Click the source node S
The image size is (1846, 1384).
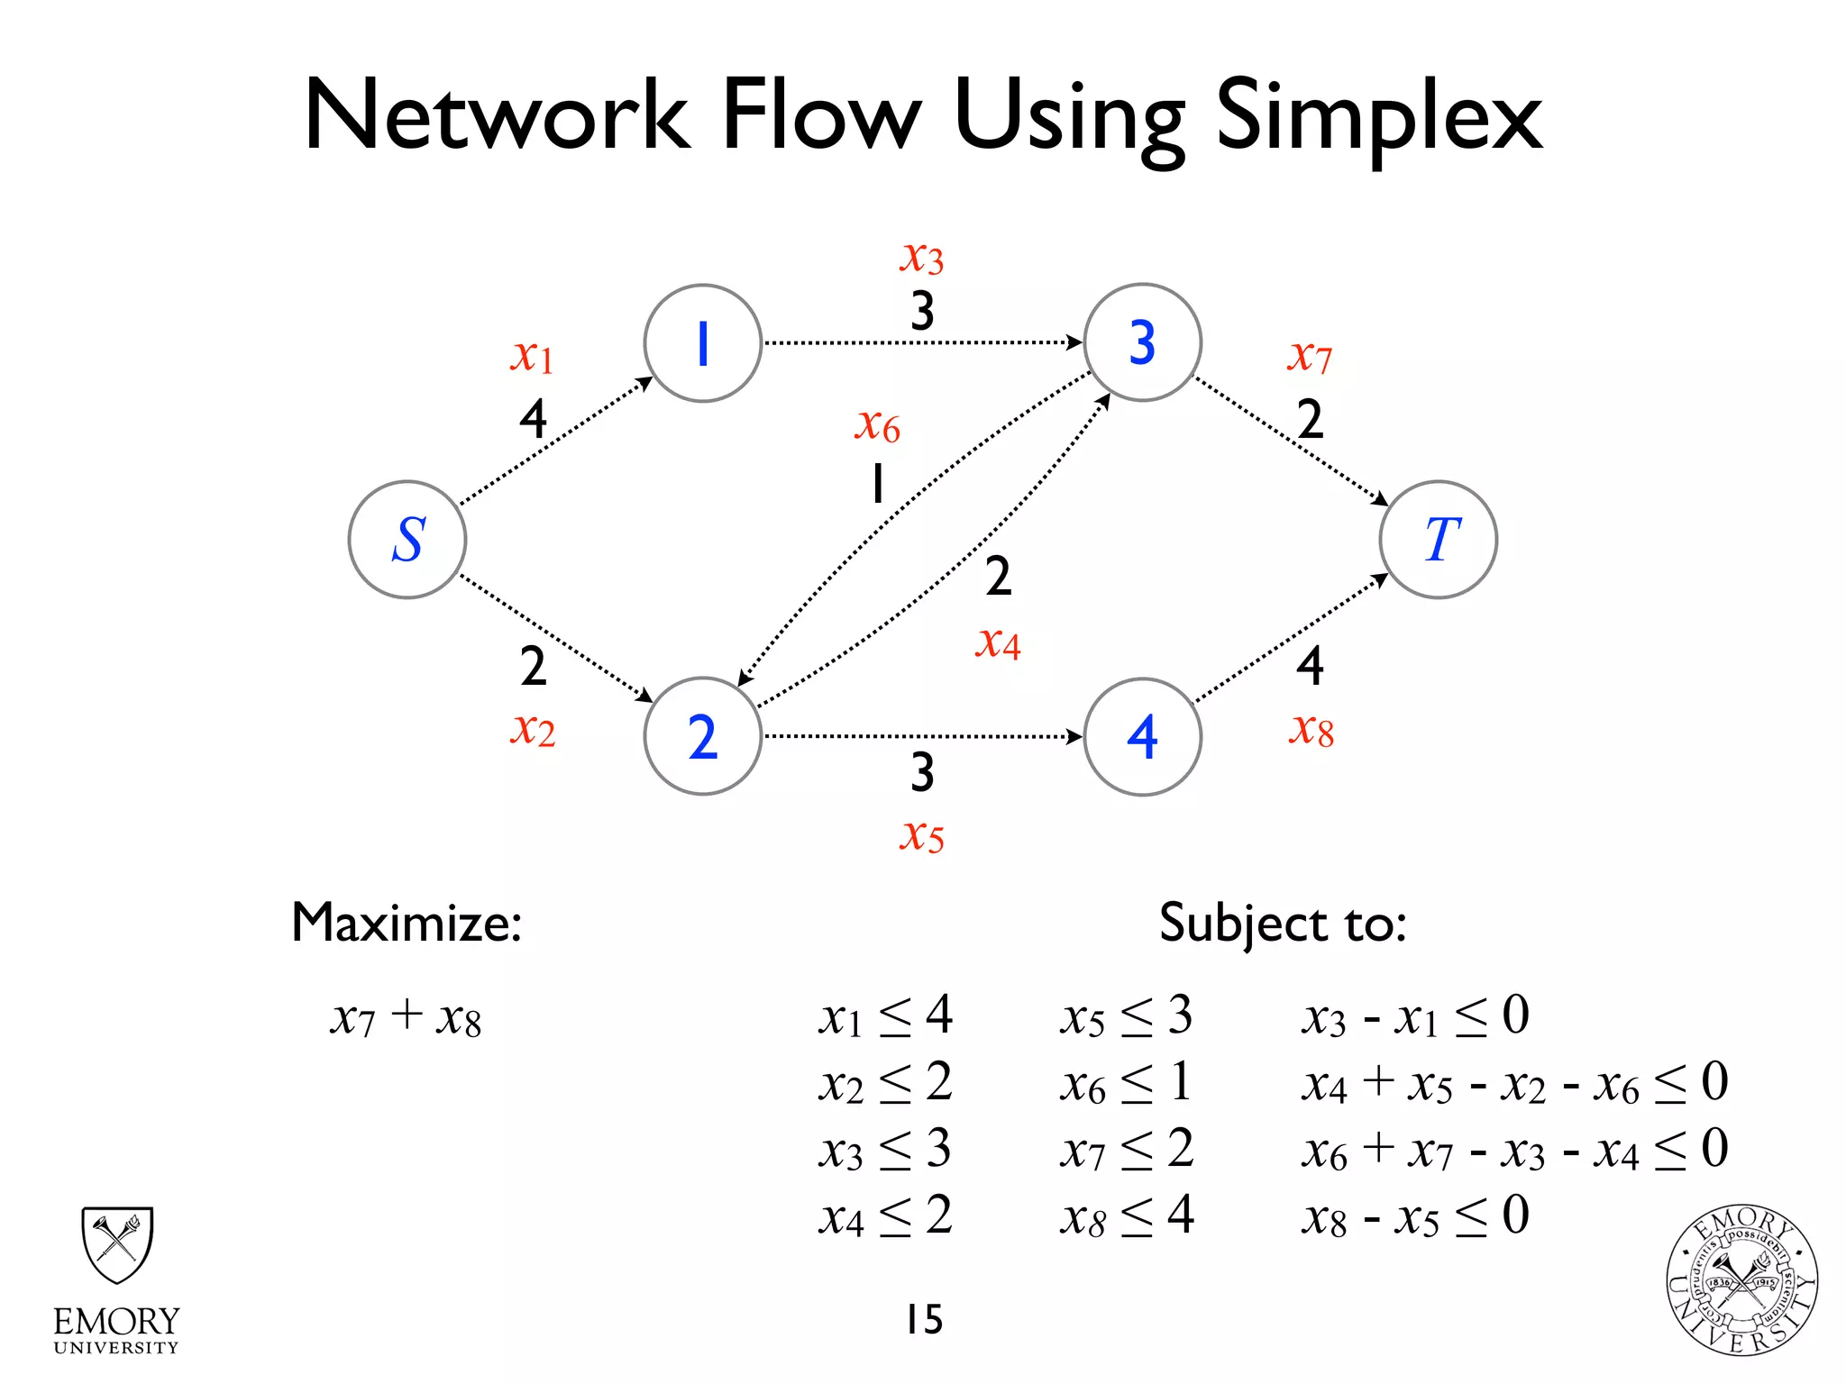tap(407, 540)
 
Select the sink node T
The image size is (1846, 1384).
tap(1438, 540)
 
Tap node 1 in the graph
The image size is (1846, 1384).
tap(702, 343)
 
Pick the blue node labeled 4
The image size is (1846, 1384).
tap(1142, 737)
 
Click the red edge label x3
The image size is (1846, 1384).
tap(921, 258)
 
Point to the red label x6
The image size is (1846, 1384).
tap(877, 424)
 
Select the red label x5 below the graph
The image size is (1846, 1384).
tap(921, 835)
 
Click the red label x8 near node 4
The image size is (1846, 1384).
tap(1311, 730)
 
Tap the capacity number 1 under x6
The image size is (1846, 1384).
tap(877, 484)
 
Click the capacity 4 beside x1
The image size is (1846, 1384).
tap(533, 419)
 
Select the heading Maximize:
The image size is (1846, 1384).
tap(407, 923)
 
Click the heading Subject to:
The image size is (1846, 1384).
tap(1283, 923)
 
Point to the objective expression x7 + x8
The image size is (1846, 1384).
tap(406, 1017)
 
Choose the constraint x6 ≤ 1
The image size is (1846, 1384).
tap(1126, 1083)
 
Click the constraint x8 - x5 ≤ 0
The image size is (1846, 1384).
tap(1415, 1216)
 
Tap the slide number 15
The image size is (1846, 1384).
tap(924, 1319)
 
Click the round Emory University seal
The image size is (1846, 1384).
tap(1741, 1279)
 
